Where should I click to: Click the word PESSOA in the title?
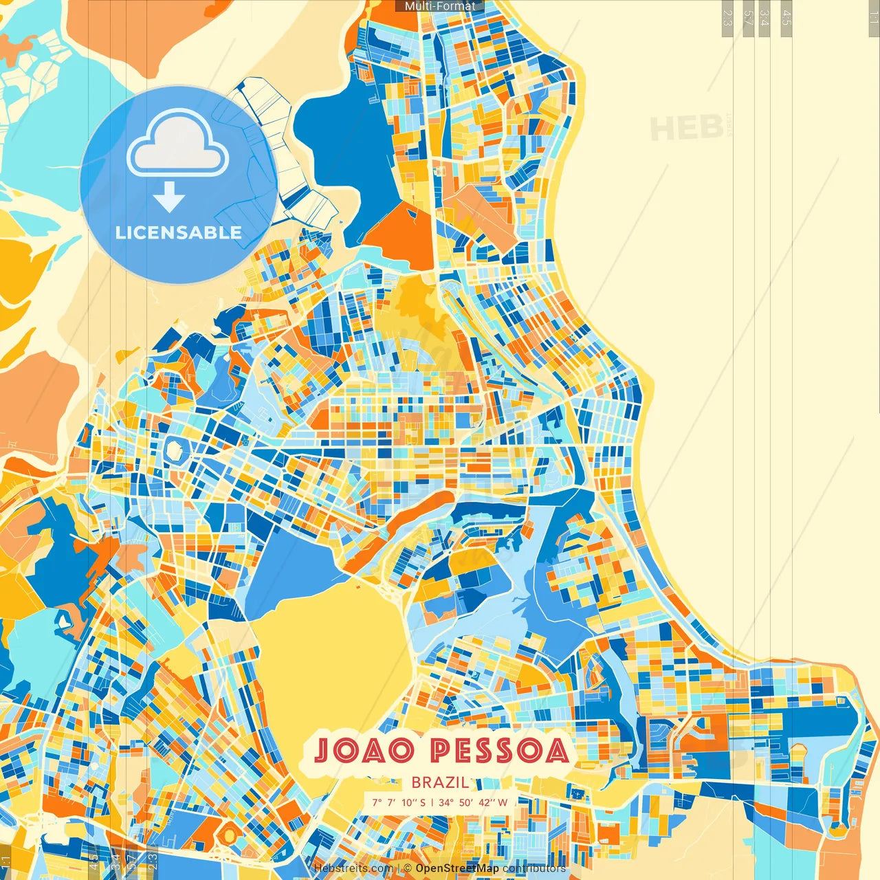click(x=500, y=750)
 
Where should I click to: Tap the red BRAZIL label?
click(x=440, y=782)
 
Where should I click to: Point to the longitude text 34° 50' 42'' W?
click(x=473, y=802)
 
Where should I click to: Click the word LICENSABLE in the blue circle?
click(x=178, y=232)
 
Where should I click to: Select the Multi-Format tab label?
click(x=440, y=6)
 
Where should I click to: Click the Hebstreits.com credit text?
click(x=353, y=868)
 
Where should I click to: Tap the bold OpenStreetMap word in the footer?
click(x=457, y=868)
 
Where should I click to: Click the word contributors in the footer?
click(x=534, y=868)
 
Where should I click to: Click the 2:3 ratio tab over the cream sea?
click(x=727, y=18)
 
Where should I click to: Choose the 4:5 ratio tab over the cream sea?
click(x=786, y=18)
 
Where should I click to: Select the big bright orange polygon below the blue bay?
click(x=402, y=234)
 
